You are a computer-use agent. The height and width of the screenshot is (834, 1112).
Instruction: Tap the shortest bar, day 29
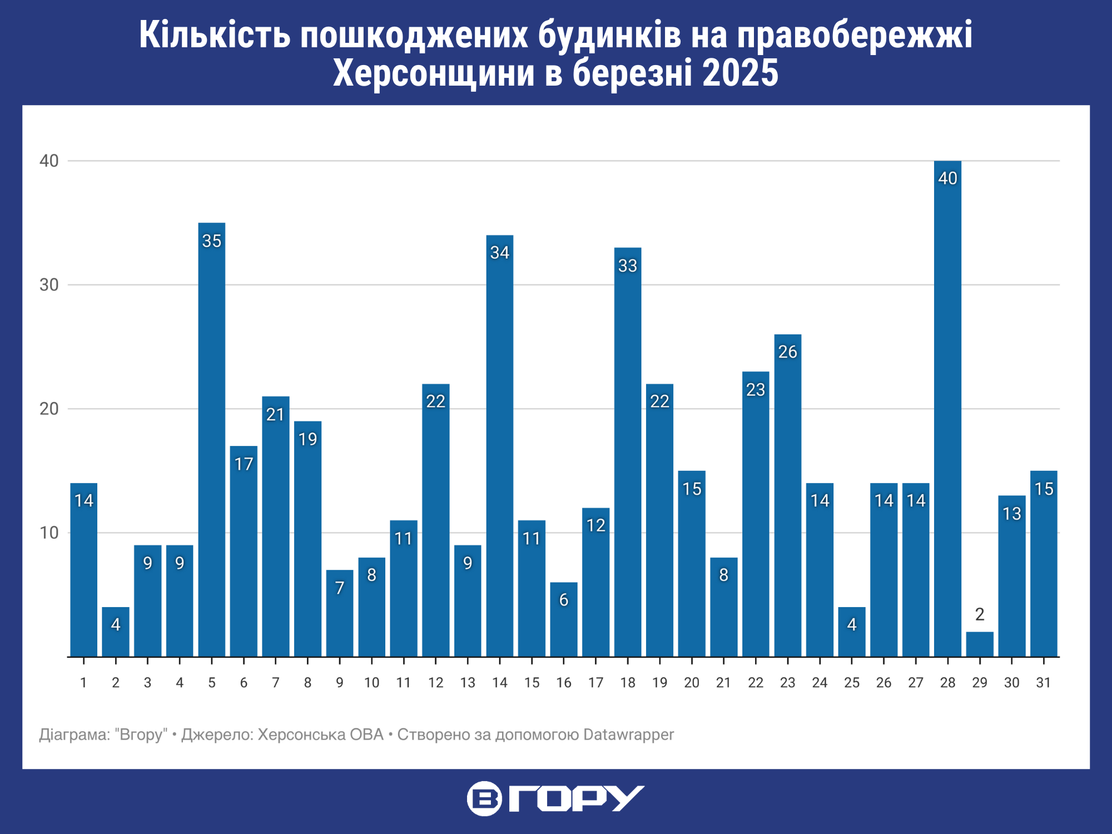(x=980, y=644)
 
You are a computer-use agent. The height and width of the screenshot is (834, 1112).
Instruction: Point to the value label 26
(x=788, y=352)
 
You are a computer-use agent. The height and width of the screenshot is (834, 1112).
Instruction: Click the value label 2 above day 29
(x=980, y=614)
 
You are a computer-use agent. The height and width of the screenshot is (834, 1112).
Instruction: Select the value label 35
(x=212, y=241)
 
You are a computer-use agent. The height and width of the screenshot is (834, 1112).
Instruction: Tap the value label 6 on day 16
(x=564, y=600)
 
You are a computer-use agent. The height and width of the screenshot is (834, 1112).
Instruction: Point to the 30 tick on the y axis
(x=49, y=285)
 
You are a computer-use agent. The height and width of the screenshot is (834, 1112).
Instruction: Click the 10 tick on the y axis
(x=49, y=533)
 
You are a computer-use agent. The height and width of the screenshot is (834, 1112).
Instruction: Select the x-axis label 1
(x=83, y=683)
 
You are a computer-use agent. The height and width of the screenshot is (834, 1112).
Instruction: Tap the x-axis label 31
(x=1044, y=683)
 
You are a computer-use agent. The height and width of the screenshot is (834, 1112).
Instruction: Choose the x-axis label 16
(x=564, y=683)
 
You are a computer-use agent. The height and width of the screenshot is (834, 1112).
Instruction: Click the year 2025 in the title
(x=740, y=73)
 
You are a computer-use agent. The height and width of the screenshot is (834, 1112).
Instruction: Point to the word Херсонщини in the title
(x=434, y=73)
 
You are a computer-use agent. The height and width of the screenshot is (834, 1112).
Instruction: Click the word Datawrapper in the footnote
(x=628, y=735)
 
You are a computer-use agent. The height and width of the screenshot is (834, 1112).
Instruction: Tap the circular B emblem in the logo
(x=484, y=798)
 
